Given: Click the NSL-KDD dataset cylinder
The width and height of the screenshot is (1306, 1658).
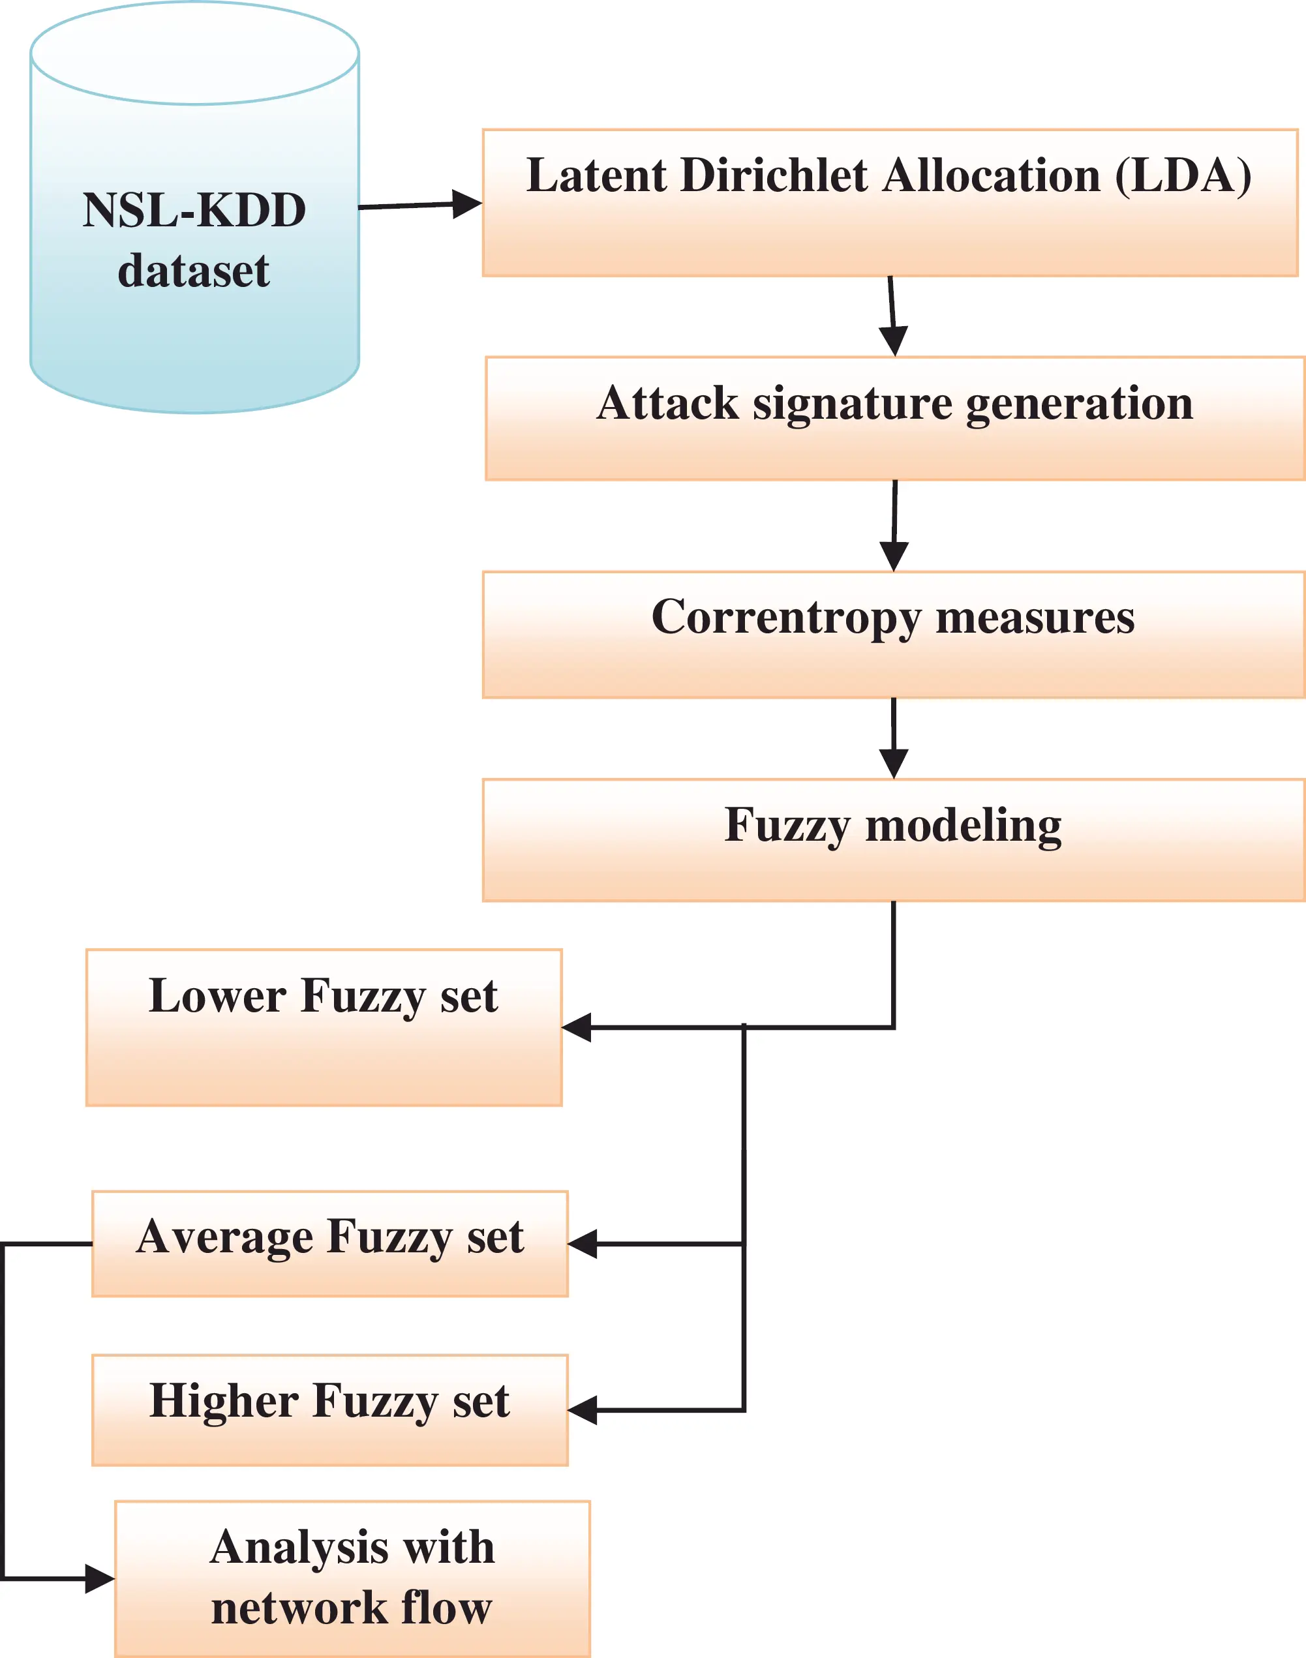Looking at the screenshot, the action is pos(194,207).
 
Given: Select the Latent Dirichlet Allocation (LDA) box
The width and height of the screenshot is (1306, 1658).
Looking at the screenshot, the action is pos(890,203).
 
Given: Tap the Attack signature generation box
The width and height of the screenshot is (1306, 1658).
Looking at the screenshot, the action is pos(894,418).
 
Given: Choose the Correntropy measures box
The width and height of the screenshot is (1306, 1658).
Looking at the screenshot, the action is pos(893,635).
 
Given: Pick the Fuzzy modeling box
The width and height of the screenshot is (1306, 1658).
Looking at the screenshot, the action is pos(893,840).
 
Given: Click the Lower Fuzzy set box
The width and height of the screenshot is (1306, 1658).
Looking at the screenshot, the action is pos(324,1027).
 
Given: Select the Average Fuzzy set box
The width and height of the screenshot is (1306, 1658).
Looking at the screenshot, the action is pos(330,1244).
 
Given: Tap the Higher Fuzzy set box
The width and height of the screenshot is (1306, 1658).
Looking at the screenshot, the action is pos(330,1410).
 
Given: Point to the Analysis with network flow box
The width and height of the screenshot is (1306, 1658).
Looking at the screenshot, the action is pos(352,1579).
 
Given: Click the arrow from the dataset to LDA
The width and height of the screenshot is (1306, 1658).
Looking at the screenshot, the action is pos(420,205).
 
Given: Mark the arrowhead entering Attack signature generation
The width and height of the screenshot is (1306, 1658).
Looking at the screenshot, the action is pos(893,341).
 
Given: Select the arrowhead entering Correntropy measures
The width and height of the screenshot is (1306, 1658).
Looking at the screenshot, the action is pos(894,556).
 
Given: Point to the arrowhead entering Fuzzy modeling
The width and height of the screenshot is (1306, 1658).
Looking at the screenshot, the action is pos(893,764).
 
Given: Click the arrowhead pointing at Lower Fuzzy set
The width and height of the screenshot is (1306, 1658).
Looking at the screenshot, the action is pos(577,1027).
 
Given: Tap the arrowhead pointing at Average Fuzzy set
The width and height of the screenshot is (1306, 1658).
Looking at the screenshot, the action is pos(583,1244).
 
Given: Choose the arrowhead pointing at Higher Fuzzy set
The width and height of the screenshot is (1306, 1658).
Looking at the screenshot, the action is pos(583,1410).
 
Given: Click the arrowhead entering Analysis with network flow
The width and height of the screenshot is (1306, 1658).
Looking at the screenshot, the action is pos(100,1578).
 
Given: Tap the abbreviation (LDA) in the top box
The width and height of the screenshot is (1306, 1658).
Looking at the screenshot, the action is pos(1183,177).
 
